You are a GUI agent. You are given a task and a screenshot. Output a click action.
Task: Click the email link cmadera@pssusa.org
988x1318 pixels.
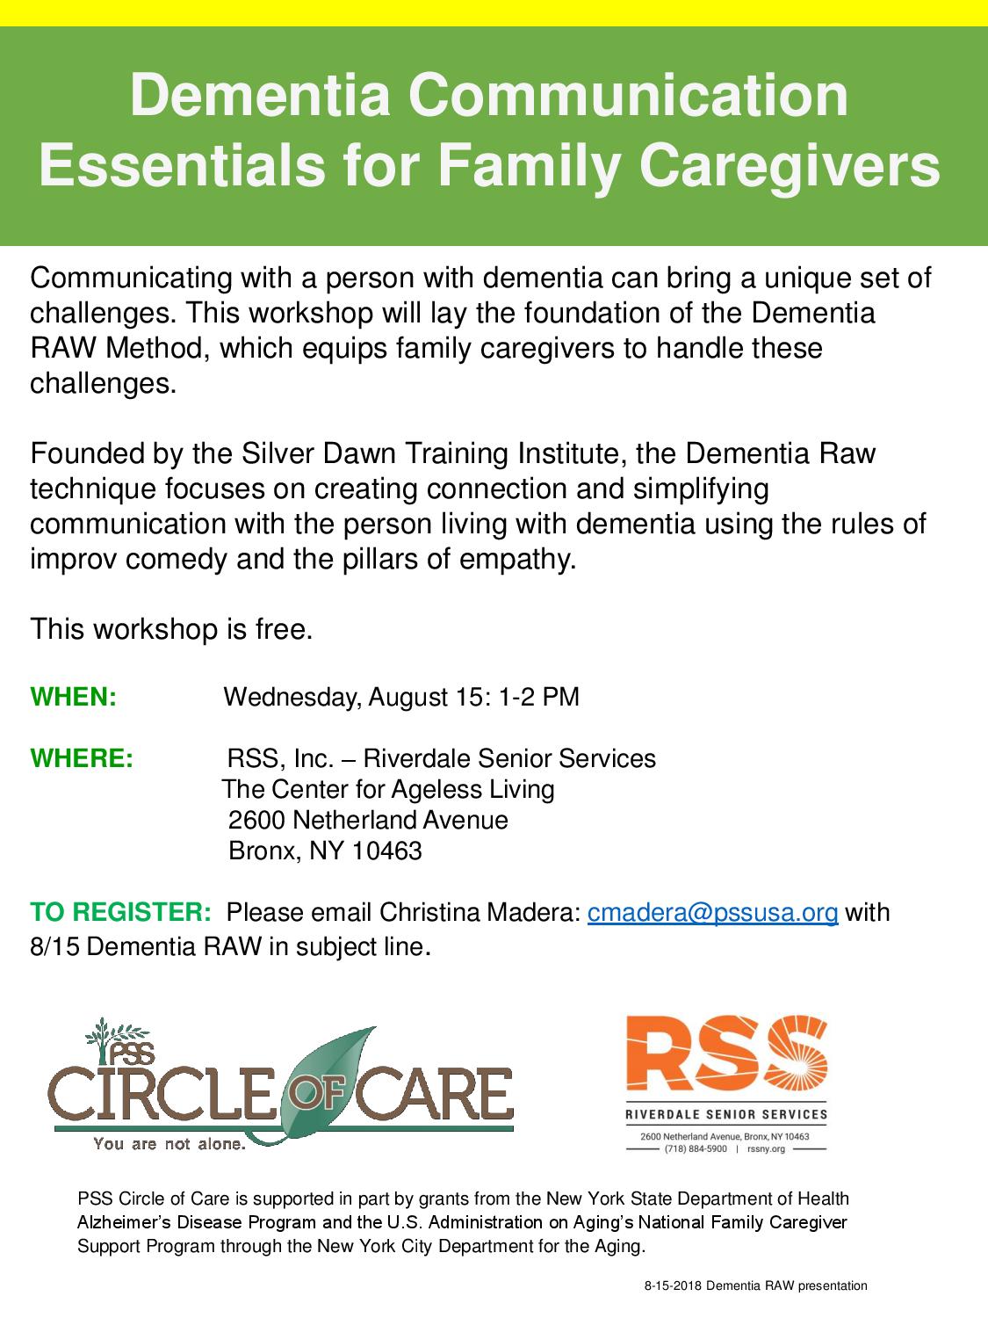(x=712, y=913)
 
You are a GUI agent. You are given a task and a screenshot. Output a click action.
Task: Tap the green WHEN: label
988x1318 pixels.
(x=73, y=697)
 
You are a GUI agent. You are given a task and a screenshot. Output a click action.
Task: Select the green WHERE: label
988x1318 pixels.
(x=82, y=758)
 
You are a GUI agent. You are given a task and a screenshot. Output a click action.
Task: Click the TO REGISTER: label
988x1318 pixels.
(x=120, y=912)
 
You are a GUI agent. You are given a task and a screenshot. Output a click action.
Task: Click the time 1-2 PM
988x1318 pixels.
(x=539, y=697)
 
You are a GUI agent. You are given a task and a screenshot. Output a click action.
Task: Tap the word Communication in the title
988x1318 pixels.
(x=629, y=96)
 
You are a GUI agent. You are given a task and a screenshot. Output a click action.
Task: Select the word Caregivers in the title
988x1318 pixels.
(x=790, y=166)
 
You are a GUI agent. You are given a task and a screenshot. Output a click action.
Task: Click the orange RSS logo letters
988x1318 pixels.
(x=726, y=1054)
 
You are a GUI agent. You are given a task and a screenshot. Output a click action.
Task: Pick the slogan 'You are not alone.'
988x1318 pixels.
(x=169, y=1144)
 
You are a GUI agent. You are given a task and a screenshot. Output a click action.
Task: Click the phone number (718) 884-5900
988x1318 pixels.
(x=696, y=1148)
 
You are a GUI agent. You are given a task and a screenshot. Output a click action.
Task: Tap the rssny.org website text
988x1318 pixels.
(x=766, y=1148)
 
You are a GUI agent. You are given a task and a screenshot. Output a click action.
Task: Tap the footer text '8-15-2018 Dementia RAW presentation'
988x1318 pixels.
(x=756, y=1285)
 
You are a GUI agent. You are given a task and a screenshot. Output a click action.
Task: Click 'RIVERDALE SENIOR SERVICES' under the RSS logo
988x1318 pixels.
(x=726, y=1114)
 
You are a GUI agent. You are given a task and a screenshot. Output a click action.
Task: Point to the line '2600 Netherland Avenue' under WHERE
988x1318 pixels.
(x=368, y=820)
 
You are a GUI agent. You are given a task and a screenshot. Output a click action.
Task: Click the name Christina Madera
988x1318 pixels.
(x=479, y=913)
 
